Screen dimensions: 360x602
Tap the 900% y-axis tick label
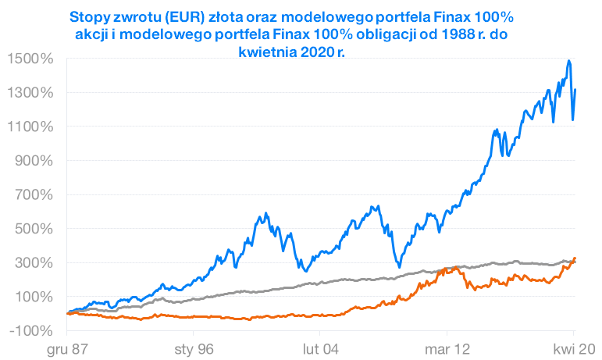coord(34,161)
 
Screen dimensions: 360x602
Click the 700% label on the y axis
coord(34,194)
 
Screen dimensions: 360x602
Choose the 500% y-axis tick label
coord(34,229)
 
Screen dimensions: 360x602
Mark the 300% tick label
coord(34,262)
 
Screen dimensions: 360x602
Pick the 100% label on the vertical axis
coord(34,297)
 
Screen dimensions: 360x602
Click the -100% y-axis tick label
coord(31,330)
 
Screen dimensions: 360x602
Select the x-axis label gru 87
coord(67,349)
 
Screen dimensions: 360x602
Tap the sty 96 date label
coord(194,349)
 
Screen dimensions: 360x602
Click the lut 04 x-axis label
coord(320,349)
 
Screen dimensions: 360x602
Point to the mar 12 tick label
coord(447,349)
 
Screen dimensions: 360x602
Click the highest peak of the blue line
coord(569,61)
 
